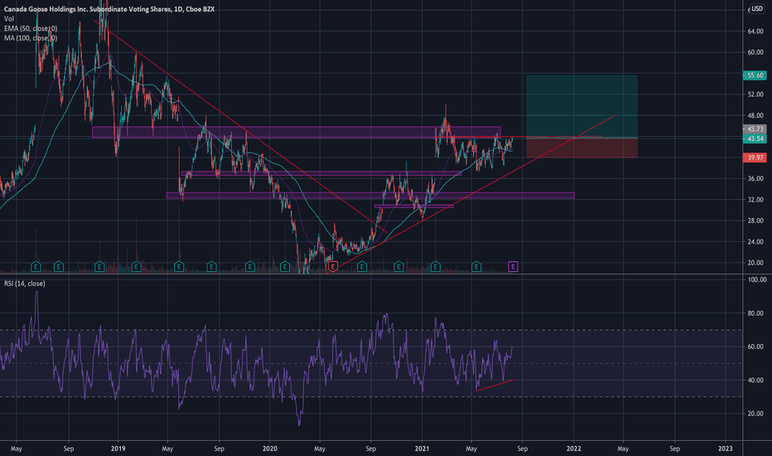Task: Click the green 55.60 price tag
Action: click(x=754, y=75)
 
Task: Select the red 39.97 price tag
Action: click(x=754, y=158)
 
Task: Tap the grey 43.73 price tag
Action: click(x=754, y=129)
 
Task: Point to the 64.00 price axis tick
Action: click(x=754, y=32)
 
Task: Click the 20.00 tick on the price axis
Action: click(x=754, y=263)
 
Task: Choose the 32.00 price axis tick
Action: click(x=754, y=200)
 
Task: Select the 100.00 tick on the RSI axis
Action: click(x=754, y=280)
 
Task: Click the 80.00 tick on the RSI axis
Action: click(x=754, y=313)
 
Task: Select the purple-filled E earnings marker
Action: click(x=513, y=266)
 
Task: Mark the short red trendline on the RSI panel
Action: click(x=495, y=385)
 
